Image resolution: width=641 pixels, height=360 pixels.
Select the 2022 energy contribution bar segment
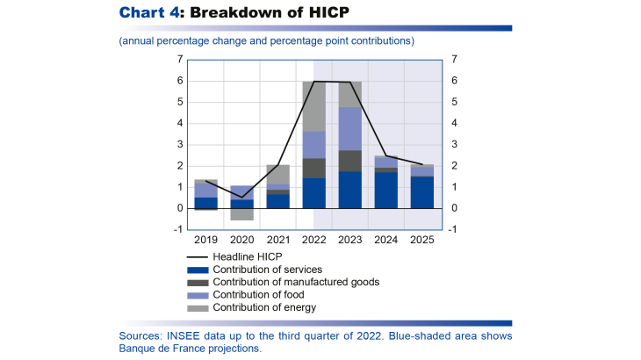click(313, 106)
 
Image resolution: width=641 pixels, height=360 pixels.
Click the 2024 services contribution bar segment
click(385, 190)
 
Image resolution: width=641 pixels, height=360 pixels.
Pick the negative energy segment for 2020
click(241, 214)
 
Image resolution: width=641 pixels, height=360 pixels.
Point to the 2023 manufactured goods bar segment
click(349, 161)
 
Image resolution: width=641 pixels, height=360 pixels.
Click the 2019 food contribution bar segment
click(205, 190)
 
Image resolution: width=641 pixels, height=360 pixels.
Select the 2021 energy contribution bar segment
click(277, 175)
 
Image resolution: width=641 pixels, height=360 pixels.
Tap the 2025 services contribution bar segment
click(421, 192)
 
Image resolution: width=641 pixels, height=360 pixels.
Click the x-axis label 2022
click(313, 239)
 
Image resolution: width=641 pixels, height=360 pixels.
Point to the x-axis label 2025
click(421, 239)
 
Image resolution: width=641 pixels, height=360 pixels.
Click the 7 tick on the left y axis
click(179, 60)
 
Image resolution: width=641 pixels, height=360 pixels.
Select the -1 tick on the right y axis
click(452, 230)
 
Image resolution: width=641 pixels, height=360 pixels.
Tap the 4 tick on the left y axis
click(179, 124)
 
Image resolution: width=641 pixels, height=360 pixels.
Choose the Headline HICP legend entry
click(247, 256)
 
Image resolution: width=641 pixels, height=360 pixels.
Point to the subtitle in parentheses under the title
click(266, 40)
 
